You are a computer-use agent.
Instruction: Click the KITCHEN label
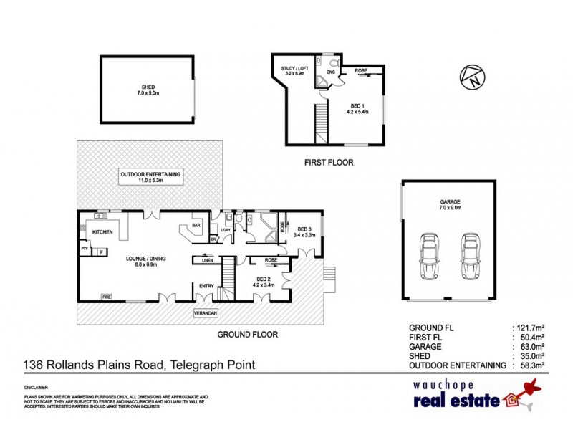pyautogui.click(x=102, y=232)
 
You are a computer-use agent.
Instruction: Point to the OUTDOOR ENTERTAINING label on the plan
pyautogui.click(x=150, y=175)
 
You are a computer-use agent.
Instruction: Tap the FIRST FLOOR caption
pyautogui.click(x=329, y=163)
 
